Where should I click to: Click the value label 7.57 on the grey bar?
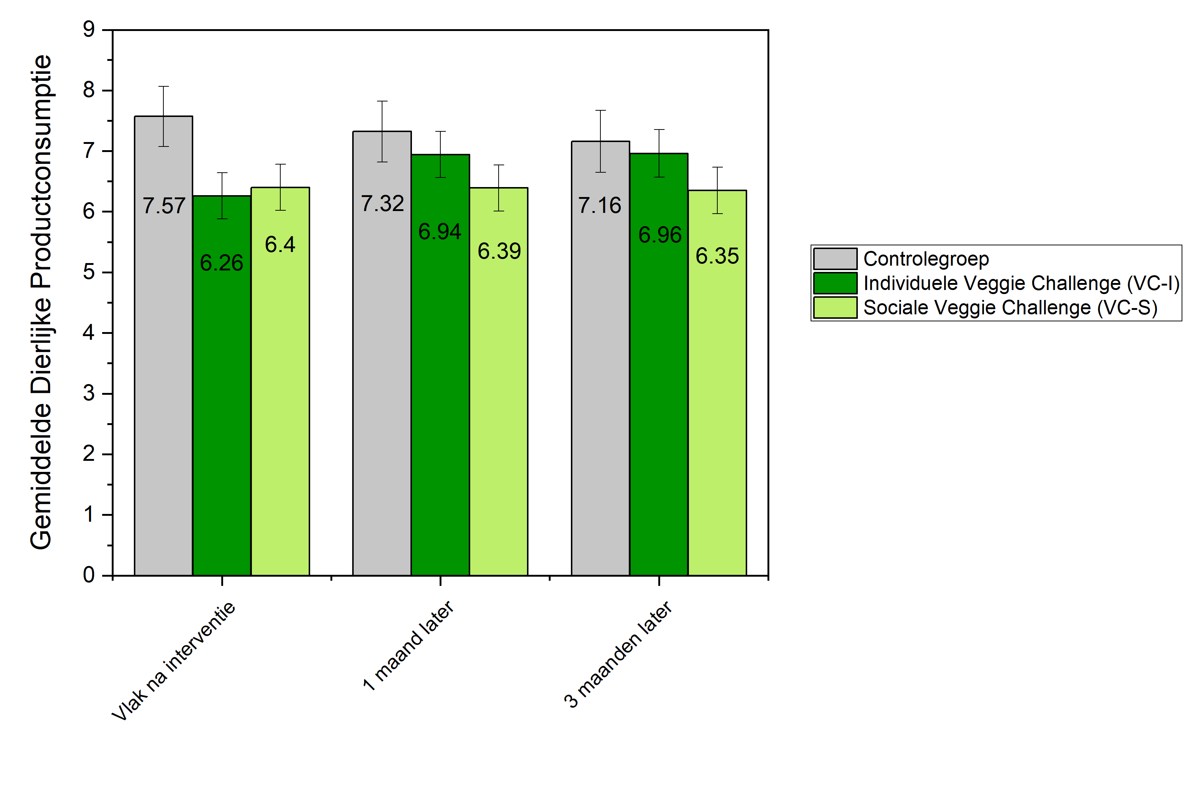164,206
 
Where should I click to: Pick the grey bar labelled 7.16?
600,386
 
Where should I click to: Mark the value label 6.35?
717,256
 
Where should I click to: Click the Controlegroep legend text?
926,259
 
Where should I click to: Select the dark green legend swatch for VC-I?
835,283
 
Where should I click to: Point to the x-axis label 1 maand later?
409,645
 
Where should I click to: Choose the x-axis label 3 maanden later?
618,655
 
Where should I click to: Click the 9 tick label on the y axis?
89,30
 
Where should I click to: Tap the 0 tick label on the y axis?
89,575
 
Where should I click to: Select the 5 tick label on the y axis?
89,272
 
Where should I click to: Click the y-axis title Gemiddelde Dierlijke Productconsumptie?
41,302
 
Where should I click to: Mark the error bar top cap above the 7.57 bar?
164,86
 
